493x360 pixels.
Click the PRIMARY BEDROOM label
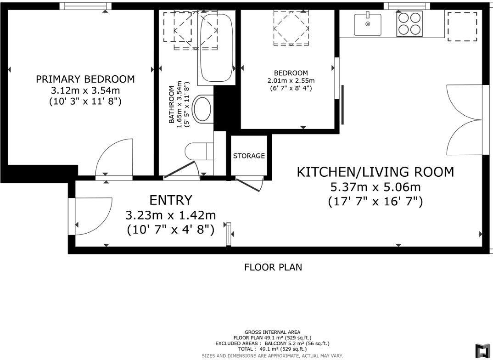coord(85,79)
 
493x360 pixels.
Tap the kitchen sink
coord(367,24)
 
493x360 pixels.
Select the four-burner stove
coord(409,24)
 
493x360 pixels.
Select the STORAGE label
coord(249,156)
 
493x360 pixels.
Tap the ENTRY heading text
coord(171,200)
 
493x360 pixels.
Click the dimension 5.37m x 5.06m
coord(375,187)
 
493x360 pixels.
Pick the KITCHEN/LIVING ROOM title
coord(375,172)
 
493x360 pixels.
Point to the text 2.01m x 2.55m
coord(291,80)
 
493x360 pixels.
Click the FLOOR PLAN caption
coord(273,267)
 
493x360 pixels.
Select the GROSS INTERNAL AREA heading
coord(272,332)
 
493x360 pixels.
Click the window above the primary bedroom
coord(86,6)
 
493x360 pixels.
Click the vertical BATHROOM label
coord(172,105)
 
